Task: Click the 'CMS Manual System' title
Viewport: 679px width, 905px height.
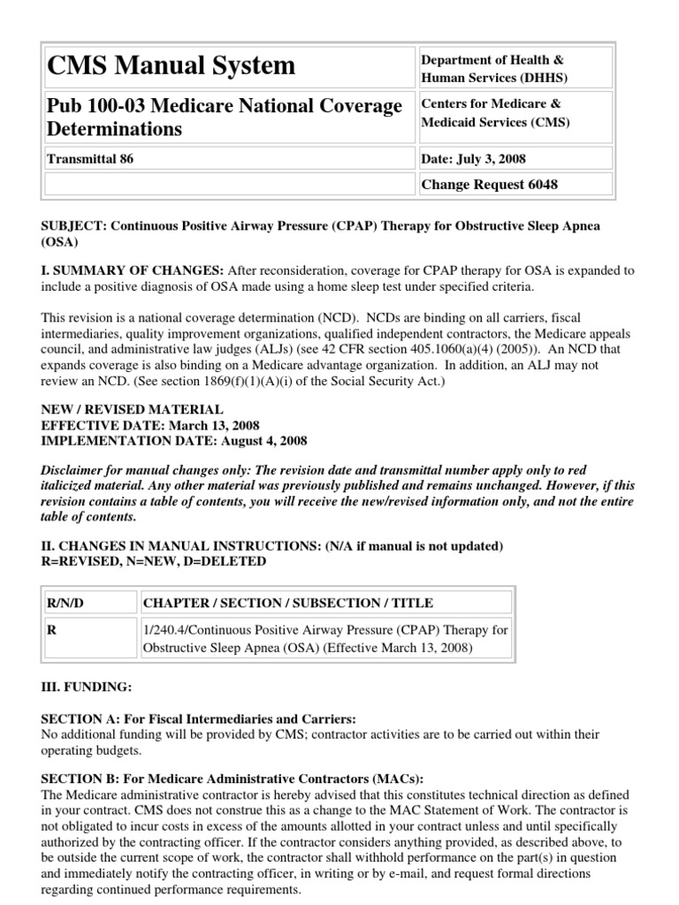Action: (172, 65)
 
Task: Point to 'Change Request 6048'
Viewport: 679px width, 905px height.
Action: (491, 185)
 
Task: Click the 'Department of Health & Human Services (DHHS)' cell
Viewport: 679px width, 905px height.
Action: (493, 68)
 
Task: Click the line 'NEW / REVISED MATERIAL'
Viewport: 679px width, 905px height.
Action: (133, 410)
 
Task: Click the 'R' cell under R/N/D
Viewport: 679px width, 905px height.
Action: (51, 630)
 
